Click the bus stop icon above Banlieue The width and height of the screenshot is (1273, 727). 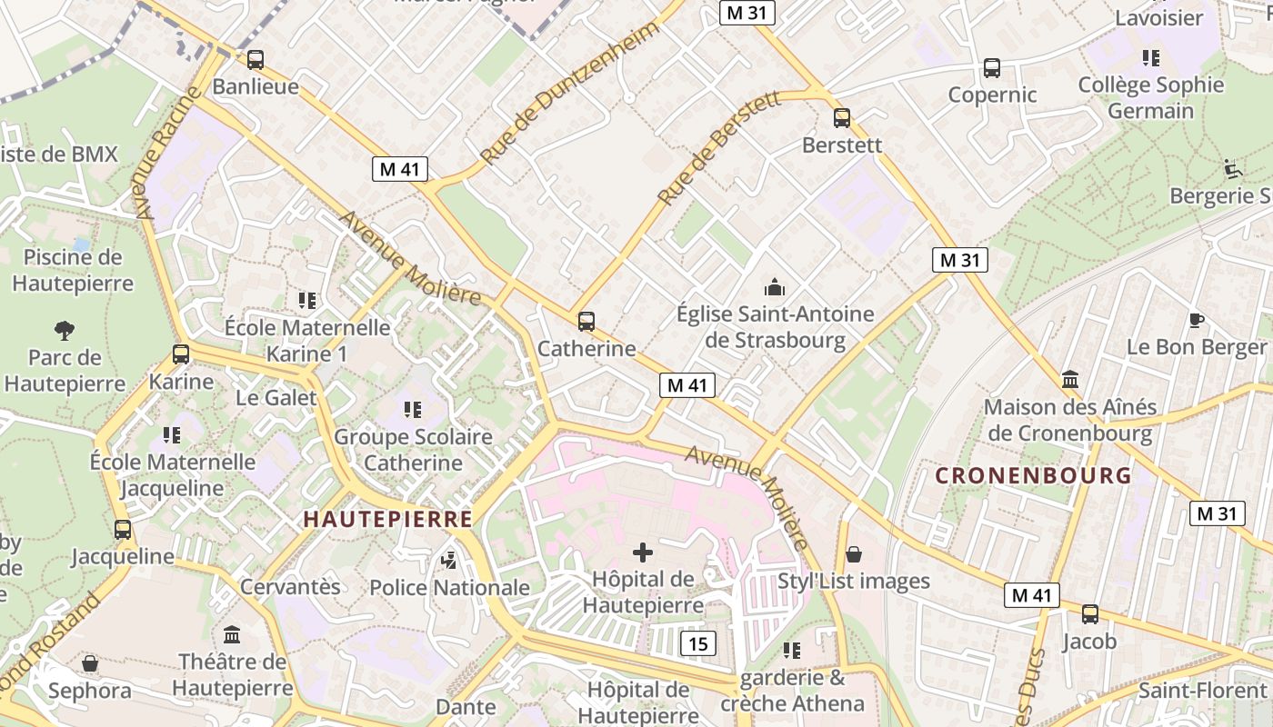coord(256,60)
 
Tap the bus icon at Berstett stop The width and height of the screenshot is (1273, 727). coord(842,117)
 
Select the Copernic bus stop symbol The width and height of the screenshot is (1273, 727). coord(992,68)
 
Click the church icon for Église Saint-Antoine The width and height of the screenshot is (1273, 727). coord(775,288)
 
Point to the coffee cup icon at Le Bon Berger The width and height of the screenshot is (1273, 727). coord(1197,320)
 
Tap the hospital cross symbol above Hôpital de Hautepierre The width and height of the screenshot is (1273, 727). coord(643,552)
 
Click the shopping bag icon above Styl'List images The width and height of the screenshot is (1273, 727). coord(854,554)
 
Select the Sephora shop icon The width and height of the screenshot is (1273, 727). coord(90,664)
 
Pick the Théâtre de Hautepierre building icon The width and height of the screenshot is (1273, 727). coord(232,634)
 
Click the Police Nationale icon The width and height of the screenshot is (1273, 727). coord(448,561)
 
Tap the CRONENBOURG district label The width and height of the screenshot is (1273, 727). coord(1034,475)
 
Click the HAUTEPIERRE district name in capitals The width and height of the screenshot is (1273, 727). coord(387,519)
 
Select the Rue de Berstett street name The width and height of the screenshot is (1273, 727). coord(719,147)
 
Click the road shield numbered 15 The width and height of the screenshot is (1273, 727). coord(697,644)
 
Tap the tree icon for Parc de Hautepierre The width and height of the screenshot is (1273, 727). coord(64,330)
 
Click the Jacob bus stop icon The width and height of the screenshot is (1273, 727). coord(1090,614)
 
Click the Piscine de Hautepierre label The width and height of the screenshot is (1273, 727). coord(73,270)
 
